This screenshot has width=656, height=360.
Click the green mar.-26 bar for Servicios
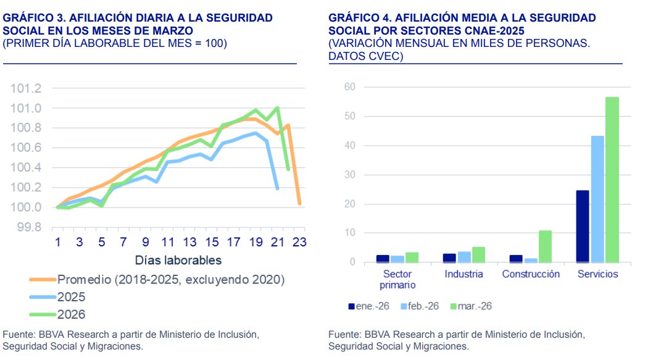point(612,180)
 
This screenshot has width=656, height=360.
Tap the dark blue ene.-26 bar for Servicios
point(582,226)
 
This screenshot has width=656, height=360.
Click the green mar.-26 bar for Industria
point(479,254)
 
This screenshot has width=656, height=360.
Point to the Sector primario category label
point(397,279)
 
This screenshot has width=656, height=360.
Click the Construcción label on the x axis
point(531,274)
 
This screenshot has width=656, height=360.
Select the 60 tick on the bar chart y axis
point(349,87)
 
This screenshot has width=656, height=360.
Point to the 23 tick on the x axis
point(299,242)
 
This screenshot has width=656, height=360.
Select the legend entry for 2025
point(71,296)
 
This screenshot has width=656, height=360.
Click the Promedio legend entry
point(170,280)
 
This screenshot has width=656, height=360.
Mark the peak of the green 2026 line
point(278,108)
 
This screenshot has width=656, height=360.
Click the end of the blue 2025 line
point(278,188)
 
